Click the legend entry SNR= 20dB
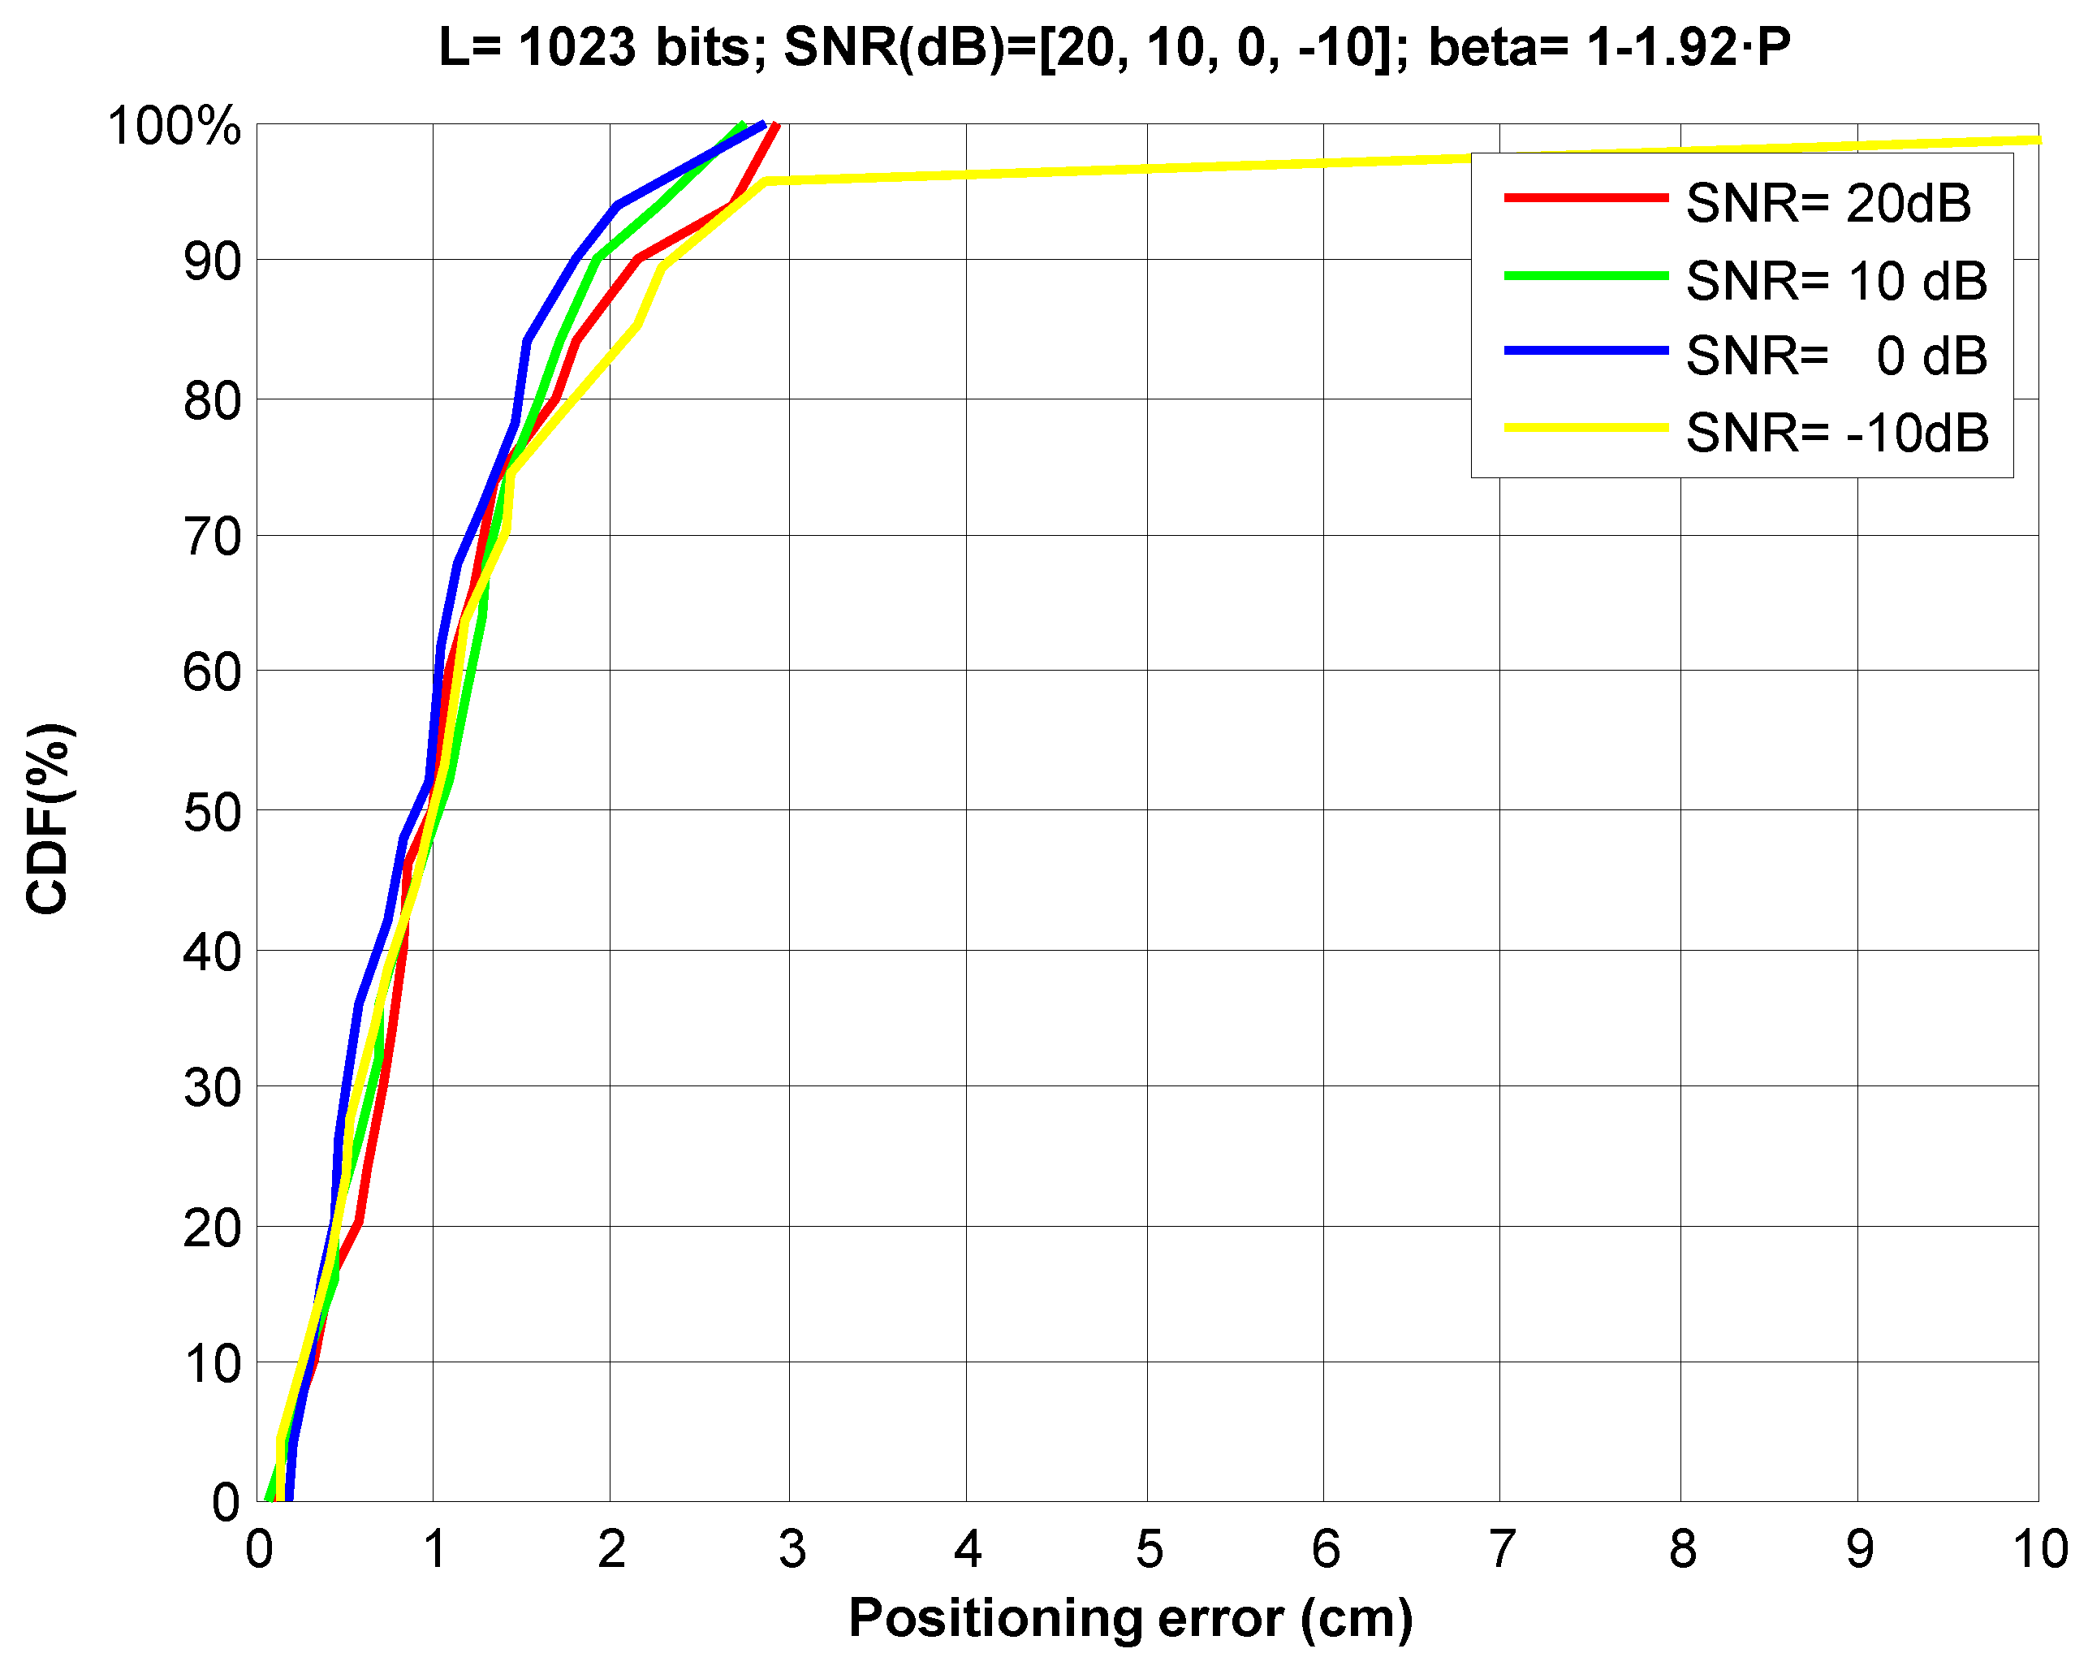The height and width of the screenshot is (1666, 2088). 1827,204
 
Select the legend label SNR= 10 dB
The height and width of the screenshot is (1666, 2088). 1836,281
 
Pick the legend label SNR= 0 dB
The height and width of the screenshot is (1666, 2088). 1836,356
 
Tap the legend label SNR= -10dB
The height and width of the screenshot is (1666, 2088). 1836,432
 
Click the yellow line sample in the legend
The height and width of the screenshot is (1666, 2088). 1585,427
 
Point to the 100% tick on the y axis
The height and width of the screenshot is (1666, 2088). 175,126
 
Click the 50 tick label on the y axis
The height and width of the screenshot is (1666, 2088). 211,812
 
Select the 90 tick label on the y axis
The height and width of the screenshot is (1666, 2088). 211,261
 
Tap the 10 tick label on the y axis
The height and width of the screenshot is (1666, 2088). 211,1365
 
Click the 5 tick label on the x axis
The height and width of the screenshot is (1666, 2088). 1149,1550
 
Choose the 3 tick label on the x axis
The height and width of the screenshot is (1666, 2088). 792,1550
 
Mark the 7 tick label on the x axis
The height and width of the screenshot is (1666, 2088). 1501,1550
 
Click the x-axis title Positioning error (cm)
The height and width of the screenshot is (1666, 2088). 1130,1619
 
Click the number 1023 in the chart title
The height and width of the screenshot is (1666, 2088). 577,46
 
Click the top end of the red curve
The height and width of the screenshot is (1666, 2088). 777,125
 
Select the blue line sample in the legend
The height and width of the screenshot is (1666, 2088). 1585,351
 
